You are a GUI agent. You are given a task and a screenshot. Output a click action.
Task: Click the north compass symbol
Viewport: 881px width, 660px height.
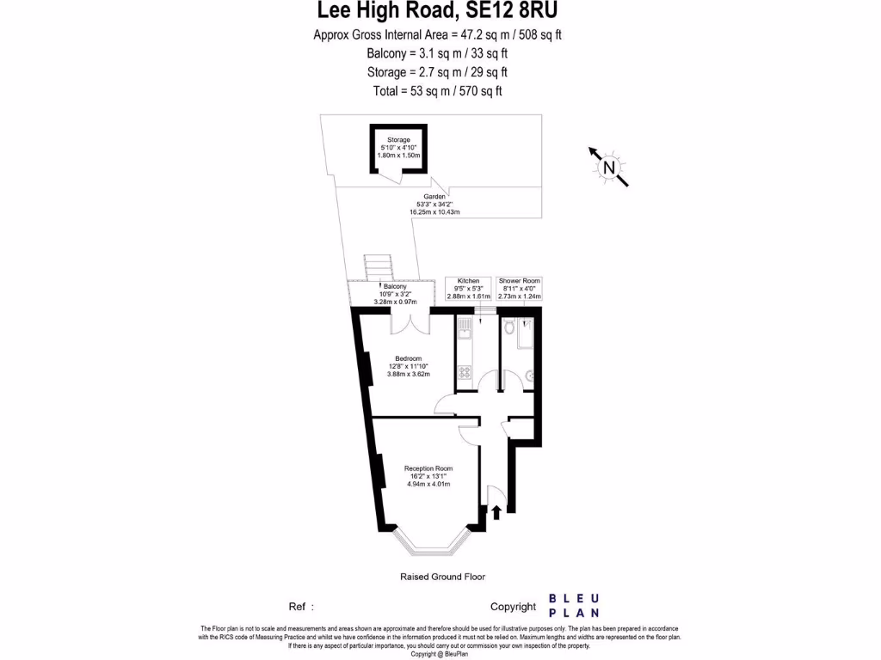(609, 167)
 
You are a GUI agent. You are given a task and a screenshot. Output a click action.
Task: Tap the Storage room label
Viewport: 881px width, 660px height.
(398, 139)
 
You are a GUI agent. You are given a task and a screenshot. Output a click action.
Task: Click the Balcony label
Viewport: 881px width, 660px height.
(396, 286)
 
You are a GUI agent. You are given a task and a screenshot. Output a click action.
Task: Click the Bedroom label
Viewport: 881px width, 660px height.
(408, 358)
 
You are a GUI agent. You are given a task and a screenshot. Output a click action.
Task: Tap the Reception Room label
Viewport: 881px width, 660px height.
(428, 468)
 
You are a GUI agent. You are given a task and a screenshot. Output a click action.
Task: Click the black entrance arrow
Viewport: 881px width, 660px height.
(496, 512)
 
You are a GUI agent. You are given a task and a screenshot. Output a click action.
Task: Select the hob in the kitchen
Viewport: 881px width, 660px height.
(465, 373)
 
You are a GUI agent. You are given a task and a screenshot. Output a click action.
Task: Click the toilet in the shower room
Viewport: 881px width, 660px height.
(510, 327)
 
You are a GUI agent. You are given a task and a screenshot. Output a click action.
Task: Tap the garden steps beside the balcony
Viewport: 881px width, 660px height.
(376, 268)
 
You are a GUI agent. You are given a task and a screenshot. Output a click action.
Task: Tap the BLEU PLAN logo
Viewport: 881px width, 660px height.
(575, 606)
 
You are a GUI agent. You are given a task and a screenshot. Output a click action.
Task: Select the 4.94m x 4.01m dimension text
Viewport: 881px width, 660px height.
(428, 484)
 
